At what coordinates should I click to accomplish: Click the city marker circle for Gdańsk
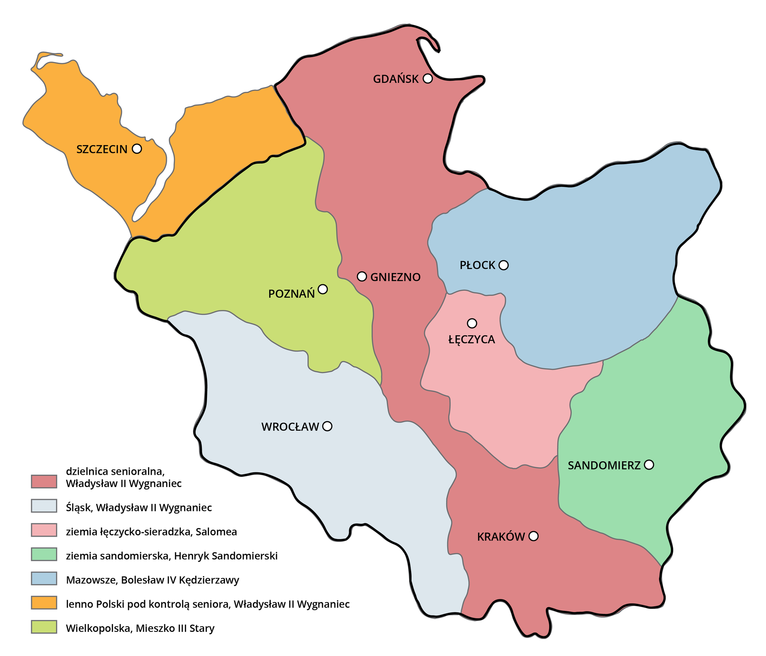pos(427,78)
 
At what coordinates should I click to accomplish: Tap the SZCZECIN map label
pos(102,149)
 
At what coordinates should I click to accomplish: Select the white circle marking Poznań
pos(323,289)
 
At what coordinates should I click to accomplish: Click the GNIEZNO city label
pos(396,278)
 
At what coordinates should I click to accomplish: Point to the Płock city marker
pos(504,265)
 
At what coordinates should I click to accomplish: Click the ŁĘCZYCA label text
pos(472,340)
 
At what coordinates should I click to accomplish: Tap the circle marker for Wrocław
pos(327,426)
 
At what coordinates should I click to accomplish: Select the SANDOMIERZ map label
pos(604,466)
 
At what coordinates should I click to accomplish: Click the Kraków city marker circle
pos(533,536)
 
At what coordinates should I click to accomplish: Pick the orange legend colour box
pos(44,603)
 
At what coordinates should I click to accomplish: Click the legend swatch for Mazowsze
pos(44,579)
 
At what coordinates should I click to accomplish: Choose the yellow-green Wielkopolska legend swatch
pos(44,627)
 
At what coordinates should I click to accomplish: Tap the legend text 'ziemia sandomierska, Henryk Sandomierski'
pos(172,556)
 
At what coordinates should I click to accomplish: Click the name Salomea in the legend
pos(216,532)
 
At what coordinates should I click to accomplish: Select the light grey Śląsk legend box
pos(44,506)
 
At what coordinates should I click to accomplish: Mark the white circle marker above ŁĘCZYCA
pos(472,323)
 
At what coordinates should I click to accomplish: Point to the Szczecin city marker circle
pos(137,148)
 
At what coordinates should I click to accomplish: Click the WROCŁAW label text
pos(290,427)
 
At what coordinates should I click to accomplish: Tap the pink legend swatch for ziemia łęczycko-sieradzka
pos(44,530)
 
